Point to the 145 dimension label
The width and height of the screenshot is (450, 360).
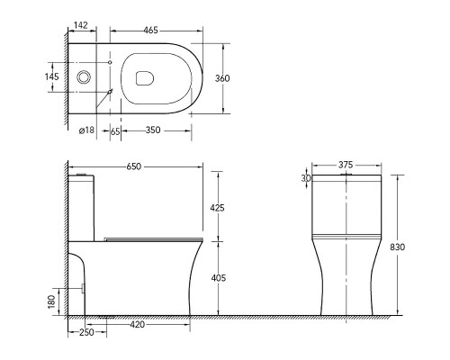[x=51, y=77]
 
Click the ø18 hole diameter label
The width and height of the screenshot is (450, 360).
[x=87, y=130]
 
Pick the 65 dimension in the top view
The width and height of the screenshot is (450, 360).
[x=115, y=130]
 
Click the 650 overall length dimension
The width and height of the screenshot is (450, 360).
[x=136, y=167]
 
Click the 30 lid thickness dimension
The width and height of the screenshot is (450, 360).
[x=306, y=178]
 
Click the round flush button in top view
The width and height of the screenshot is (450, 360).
[x=84, y=78]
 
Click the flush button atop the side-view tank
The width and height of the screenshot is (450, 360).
[x=83, y=171]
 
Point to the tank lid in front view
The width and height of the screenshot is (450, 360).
[x=346, y=179]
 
